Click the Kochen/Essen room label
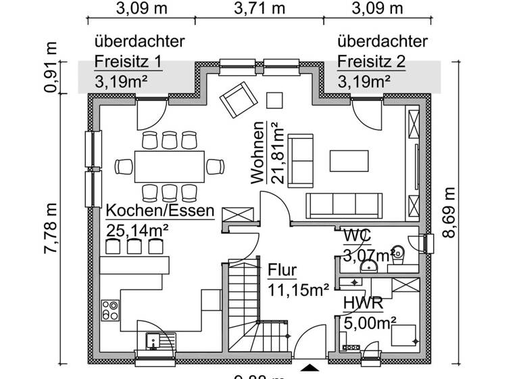coord(160,210)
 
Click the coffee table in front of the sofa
coord(349,161)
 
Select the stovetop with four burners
coord(111,311)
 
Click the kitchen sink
coord(153,342)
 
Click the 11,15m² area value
coord(298,290)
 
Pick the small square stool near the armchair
coord(275,99)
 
